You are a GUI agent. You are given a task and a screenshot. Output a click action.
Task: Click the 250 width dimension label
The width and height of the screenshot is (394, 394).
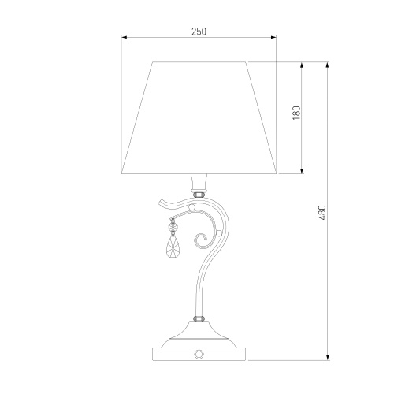tap(199, 32)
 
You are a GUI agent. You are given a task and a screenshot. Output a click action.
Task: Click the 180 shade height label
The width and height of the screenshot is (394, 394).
tap(296, 113)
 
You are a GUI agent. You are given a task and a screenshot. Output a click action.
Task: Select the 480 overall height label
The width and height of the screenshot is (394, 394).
tap(322, 213)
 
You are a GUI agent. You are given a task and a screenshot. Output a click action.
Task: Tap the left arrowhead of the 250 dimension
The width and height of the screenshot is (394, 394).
tap(124, 38)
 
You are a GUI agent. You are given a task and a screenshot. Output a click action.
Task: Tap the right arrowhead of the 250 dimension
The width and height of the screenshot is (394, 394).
tap(273, 38)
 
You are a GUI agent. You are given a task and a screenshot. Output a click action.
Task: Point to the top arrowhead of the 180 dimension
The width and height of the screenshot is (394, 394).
tap(302, 65)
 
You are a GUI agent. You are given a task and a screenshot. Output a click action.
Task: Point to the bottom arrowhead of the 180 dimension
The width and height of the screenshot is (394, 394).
tap(302, 170)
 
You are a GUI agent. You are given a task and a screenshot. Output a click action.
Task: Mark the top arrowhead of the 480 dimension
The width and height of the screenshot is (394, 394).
tap(328, 65)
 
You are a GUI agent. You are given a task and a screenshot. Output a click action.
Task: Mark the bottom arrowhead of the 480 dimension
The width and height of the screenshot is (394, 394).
tap(328, 357)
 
